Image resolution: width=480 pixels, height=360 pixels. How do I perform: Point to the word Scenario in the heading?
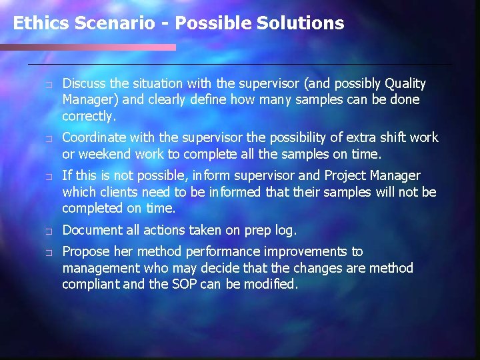coord(107,23)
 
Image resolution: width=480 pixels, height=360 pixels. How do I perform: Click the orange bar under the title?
coord(88,47)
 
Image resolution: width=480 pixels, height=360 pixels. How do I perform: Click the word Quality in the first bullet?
coord(405,83)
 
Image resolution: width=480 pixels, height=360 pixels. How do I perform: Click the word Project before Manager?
coord(346,175)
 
